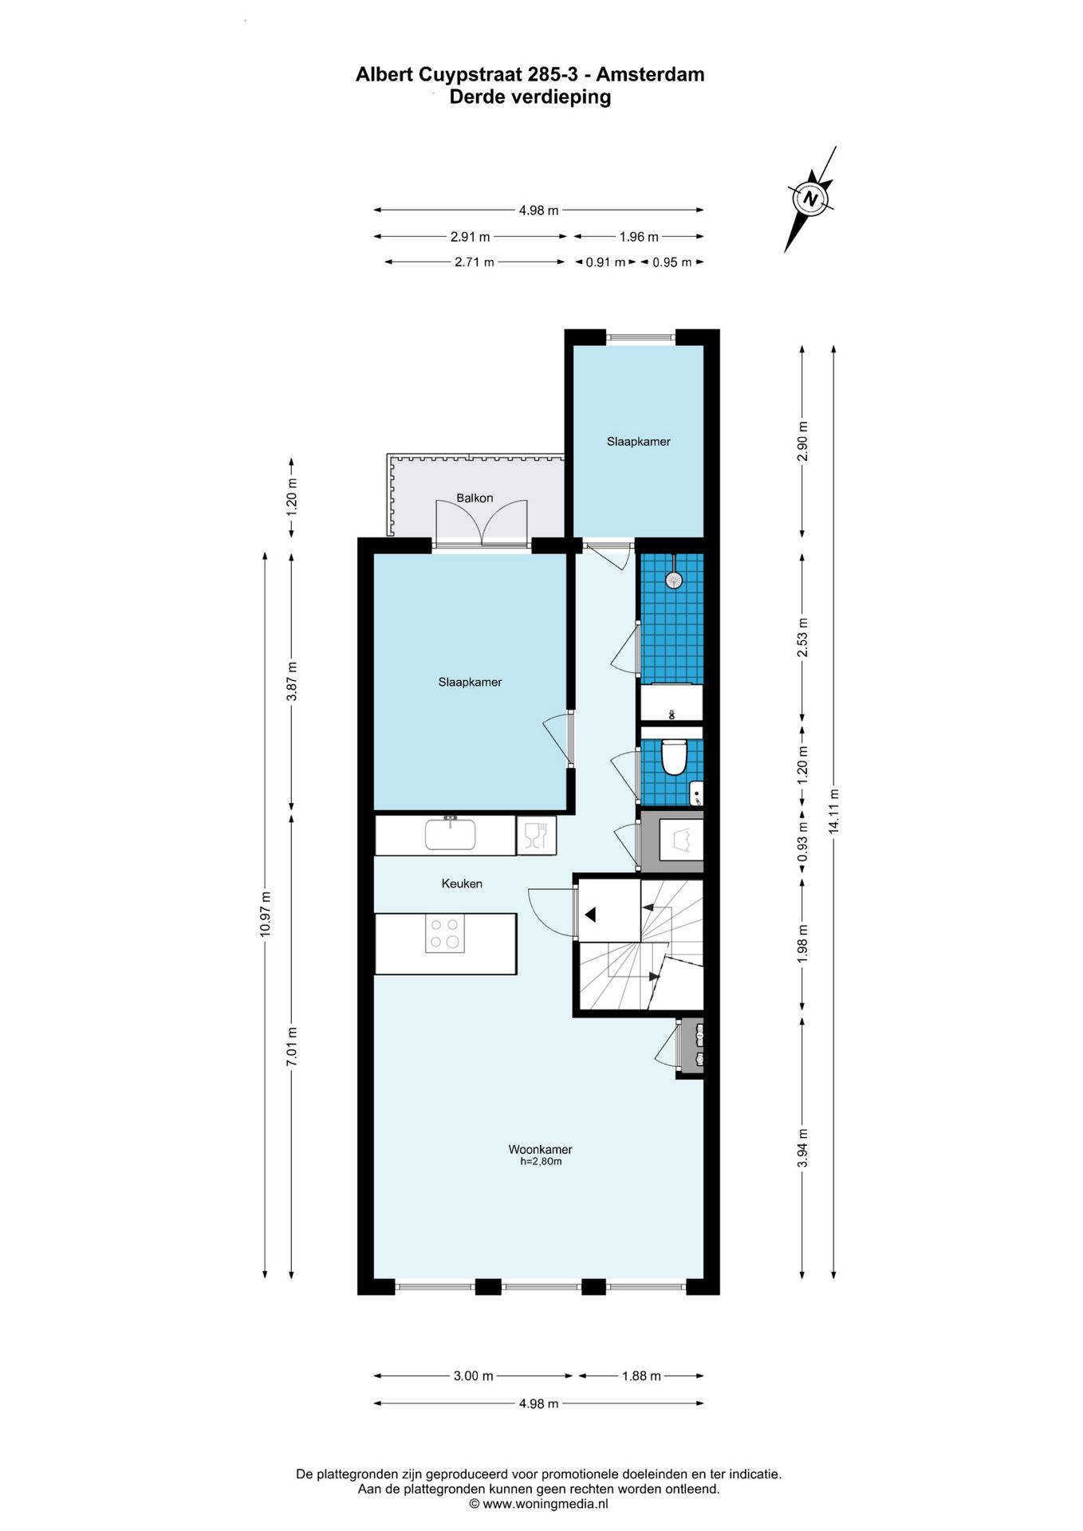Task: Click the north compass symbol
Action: point(811,198)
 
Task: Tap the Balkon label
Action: point(475,498)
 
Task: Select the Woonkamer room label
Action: point(540,1149)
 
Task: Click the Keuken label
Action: point(462,884)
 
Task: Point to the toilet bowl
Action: point(675,758)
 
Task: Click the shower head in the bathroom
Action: point(675,579)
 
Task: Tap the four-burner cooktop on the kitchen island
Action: point(445,933)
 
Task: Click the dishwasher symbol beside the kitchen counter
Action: point(536,836)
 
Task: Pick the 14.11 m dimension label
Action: point(834,811)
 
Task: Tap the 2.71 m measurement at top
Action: point(475,262)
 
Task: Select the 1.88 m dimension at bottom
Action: point(642,1376)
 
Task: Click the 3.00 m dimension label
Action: point(474,1376)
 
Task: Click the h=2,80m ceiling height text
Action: point(541,1162)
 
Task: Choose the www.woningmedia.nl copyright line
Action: point(539,1504)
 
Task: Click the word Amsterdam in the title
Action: point(651,74)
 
